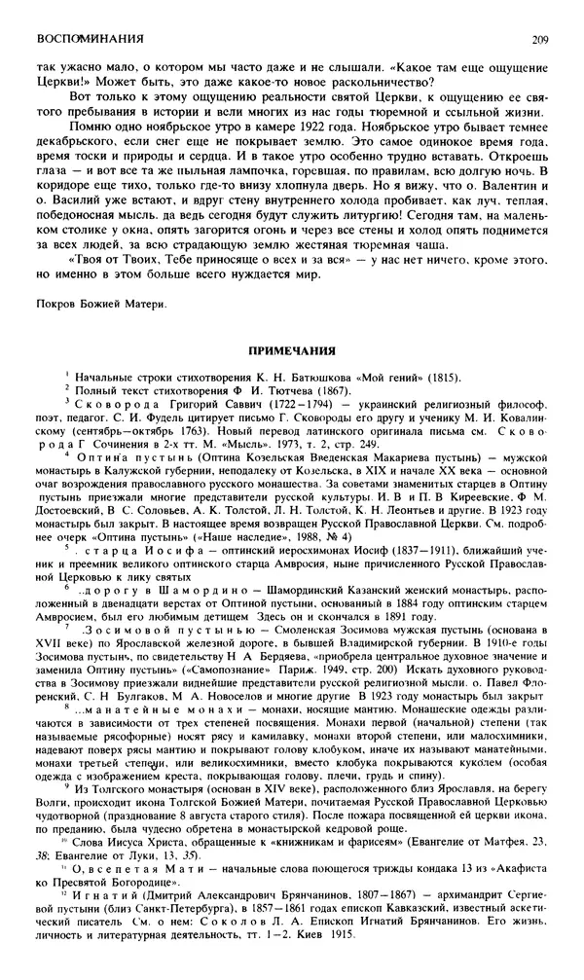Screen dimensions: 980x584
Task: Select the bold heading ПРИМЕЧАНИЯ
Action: point(292,348)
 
